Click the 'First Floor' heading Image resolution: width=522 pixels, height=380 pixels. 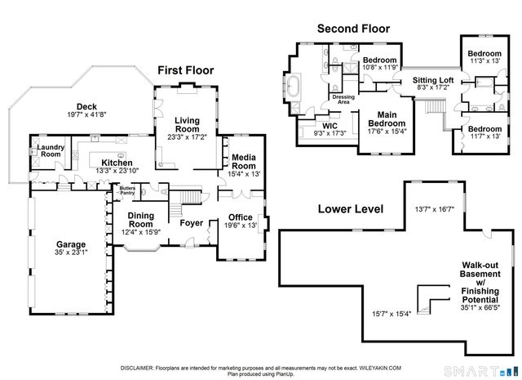pyautogui.click(x=185, y=70)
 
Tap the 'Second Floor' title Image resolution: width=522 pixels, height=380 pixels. pyautogui.click(x=353, y=29)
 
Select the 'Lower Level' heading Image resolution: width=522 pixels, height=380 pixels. pyautogui.click(x=351, y=209)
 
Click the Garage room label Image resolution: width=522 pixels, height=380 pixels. pyautogui.click(x=71, y=244)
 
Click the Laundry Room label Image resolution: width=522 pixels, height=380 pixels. pyautogui.click(x=51, y=151)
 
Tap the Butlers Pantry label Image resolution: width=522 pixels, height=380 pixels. pyautogui.click(x=127, y=190)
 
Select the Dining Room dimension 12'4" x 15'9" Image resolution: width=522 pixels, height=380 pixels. pyautogui.click(x=141, y=232)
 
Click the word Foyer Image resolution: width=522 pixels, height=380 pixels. pyautogui.click(x=192, y=223)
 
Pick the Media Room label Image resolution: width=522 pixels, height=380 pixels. pyautogui.click(x=244, y=162)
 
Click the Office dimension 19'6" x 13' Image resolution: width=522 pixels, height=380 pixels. pyautogui.click(x=241, y=226)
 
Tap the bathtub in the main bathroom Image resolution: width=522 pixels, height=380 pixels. pyautogui.click(x=294, y=86)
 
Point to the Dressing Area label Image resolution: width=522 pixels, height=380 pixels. pyautogui.click(x=343, y=100)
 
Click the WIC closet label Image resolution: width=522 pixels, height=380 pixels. pyautogui.click(x=330, y=126)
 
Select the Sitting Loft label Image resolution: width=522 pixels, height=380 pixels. pyautogui.click(x=433, y=80)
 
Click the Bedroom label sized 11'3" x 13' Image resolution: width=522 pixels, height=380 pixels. pyautogui.click(x=484, y=53)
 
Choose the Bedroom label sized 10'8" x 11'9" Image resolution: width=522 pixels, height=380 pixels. pyautogui.click(x=379, y=60)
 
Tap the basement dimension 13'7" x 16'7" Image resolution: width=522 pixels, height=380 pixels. pyautogui.click(x=435, y=209)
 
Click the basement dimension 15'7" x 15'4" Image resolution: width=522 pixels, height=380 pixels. pyautogui.click(x=391, y=314)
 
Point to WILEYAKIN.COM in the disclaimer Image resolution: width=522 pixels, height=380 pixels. pyautogui.click(x=380, y=368)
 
